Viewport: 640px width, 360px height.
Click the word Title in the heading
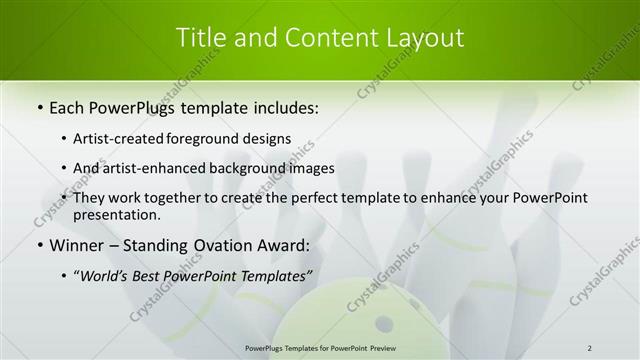pos(201,38)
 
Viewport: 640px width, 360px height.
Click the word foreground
pos(212,138)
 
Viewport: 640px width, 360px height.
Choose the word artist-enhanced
pos(154,168)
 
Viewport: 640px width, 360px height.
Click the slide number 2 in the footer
pos(590,348)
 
